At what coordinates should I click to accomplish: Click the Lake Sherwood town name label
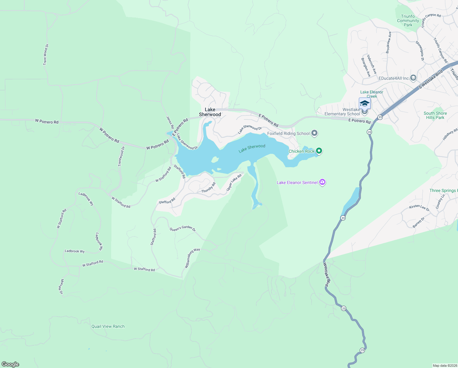click(x=210, y=112)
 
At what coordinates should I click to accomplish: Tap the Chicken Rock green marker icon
click(x=319, y=151)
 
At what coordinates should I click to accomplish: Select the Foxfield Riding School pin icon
click(x=314, y=133)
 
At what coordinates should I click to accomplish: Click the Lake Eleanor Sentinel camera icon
click(x=322, y=182)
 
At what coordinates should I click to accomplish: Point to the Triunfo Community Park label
click(x=408, y=21)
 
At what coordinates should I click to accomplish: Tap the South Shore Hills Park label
click(x=435, y=115)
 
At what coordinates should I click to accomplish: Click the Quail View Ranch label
click(x=108, y=326)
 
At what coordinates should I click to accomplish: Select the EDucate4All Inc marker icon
click(x=413, y=78)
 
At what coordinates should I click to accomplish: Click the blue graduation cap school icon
click(x=365, y=103)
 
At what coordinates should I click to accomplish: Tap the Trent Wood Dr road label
click(x=46, y=55)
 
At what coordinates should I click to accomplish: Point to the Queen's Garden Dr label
click(x=182, y=228)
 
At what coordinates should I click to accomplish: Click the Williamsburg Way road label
click(x=192, y=258)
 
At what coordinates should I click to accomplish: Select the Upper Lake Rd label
click(x=234, y=182)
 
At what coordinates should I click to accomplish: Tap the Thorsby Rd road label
click(x=208, y=188)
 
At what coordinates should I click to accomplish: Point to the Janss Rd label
click(x=170, y=122)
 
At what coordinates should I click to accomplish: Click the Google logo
click(x=10, y=364)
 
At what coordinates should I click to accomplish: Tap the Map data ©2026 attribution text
click(x=445, y=366)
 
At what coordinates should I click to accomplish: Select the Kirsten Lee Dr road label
click(x=419, y=208)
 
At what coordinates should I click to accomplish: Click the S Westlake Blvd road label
click(x=431, y=79)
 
